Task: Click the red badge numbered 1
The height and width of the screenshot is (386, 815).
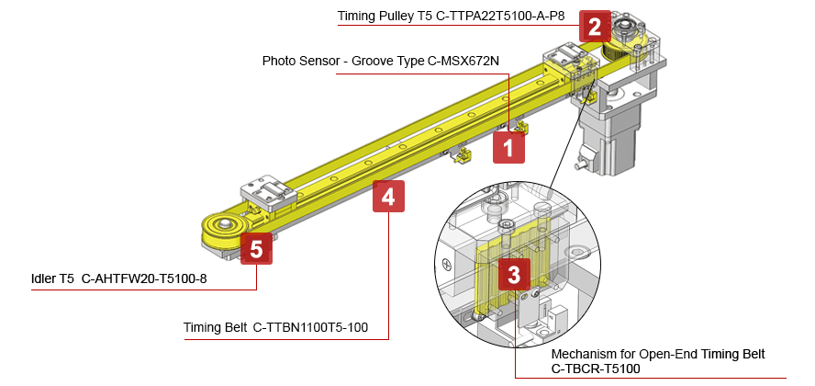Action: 509,147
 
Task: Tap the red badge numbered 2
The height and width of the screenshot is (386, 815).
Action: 595,27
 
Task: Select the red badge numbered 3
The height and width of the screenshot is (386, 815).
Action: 514,274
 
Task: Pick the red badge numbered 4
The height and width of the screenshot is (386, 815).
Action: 388,196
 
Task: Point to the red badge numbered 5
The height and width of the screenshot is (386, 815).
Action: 256,249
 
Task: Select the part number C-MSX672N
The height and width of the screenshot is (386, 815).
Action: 463,62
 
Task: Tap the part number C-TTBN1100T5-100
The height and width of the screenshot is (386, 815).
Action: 312,328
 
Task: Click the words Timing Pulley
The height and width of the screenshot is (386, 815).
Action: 376,17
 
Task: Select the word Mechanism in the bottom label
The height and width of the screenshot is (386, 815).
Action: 583,354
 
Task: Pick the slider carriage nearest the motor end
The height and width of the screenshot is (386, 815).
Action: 571,64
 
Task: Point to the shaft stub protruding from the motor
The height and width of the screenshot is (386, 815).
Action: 578,165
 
